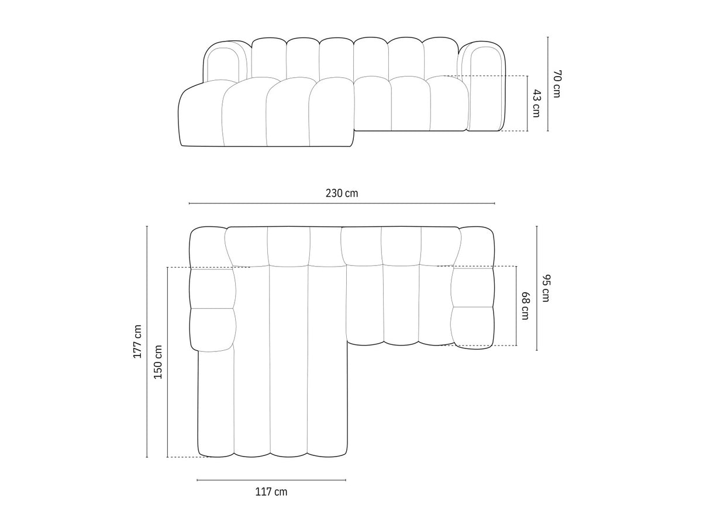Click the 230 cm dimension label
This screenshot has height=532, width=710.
[342, 193]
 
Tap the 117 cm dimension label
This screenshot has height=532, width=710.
[271, 492]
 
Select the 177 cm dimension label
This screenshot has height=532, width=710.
[137, 341]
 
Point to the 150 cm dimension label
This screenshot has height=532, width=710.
[158, 362]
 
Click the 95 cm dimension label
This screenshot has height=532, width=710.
[545, 288]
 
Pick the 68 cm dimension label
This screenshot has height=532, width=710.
[525, 306]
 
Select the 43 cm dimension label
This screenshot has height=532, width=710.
[536, 103]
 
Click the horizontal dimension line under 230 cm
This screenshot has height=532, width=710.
[342, 203]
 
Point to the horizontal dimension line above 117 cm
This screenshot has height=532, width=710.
[271, 480]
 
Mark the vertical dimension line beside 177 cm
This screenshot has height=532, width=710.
[147, 341]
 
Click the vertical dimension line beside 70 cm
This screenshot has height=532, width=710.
[548, 84]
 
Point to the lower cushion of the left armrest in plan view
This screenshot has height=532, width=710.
[212, 329]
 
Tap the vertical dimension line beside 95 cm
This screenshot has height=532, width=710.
[537, 288]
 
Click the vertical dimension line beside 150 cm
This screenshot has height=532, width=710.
[167, 362]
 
